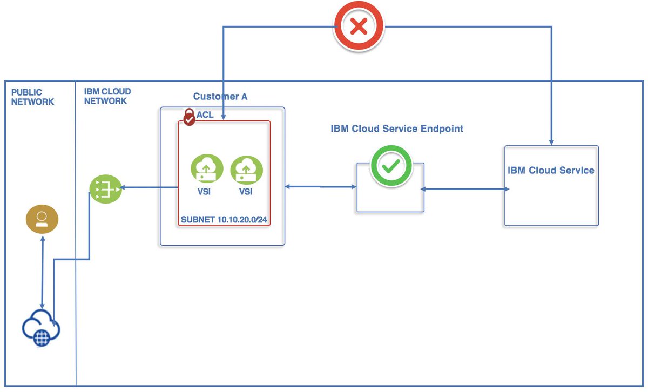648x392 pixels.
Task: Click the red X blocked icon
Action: click(x=359, y=26)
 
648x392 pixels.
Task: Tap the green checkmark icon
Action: click(x=390, y=167)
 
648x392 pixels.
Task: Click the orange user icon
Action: click(x=42, y=219)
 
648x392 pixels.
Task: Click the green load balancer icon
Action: click(x=105, y=188)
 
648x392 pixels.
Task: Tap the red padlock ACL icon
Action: click(x=189, y=117)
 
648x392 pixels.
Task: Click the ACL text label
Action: click(x=205, y=115)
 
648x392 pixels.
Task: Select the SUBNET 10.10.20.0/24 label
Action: click(x=224, y=220)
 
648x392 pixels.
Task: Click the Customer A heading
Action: click(x=220, y=97)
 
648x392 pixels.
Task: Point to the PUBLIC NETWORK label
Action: click(x=32, y=97)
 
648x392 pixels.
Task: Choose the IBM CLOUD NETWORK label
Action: click(x=107, y=97)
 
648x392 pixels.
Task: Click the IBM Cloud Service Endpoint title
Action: click(x=397, y=129)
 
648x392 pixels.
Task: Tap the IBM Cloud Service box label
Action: click(x=551, y=171)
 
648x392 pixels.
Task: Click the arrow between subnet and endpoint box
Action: click(x=321, y=187)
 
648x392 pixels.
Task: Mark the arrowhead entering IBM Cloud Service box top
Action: click(x=551, y=141)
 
